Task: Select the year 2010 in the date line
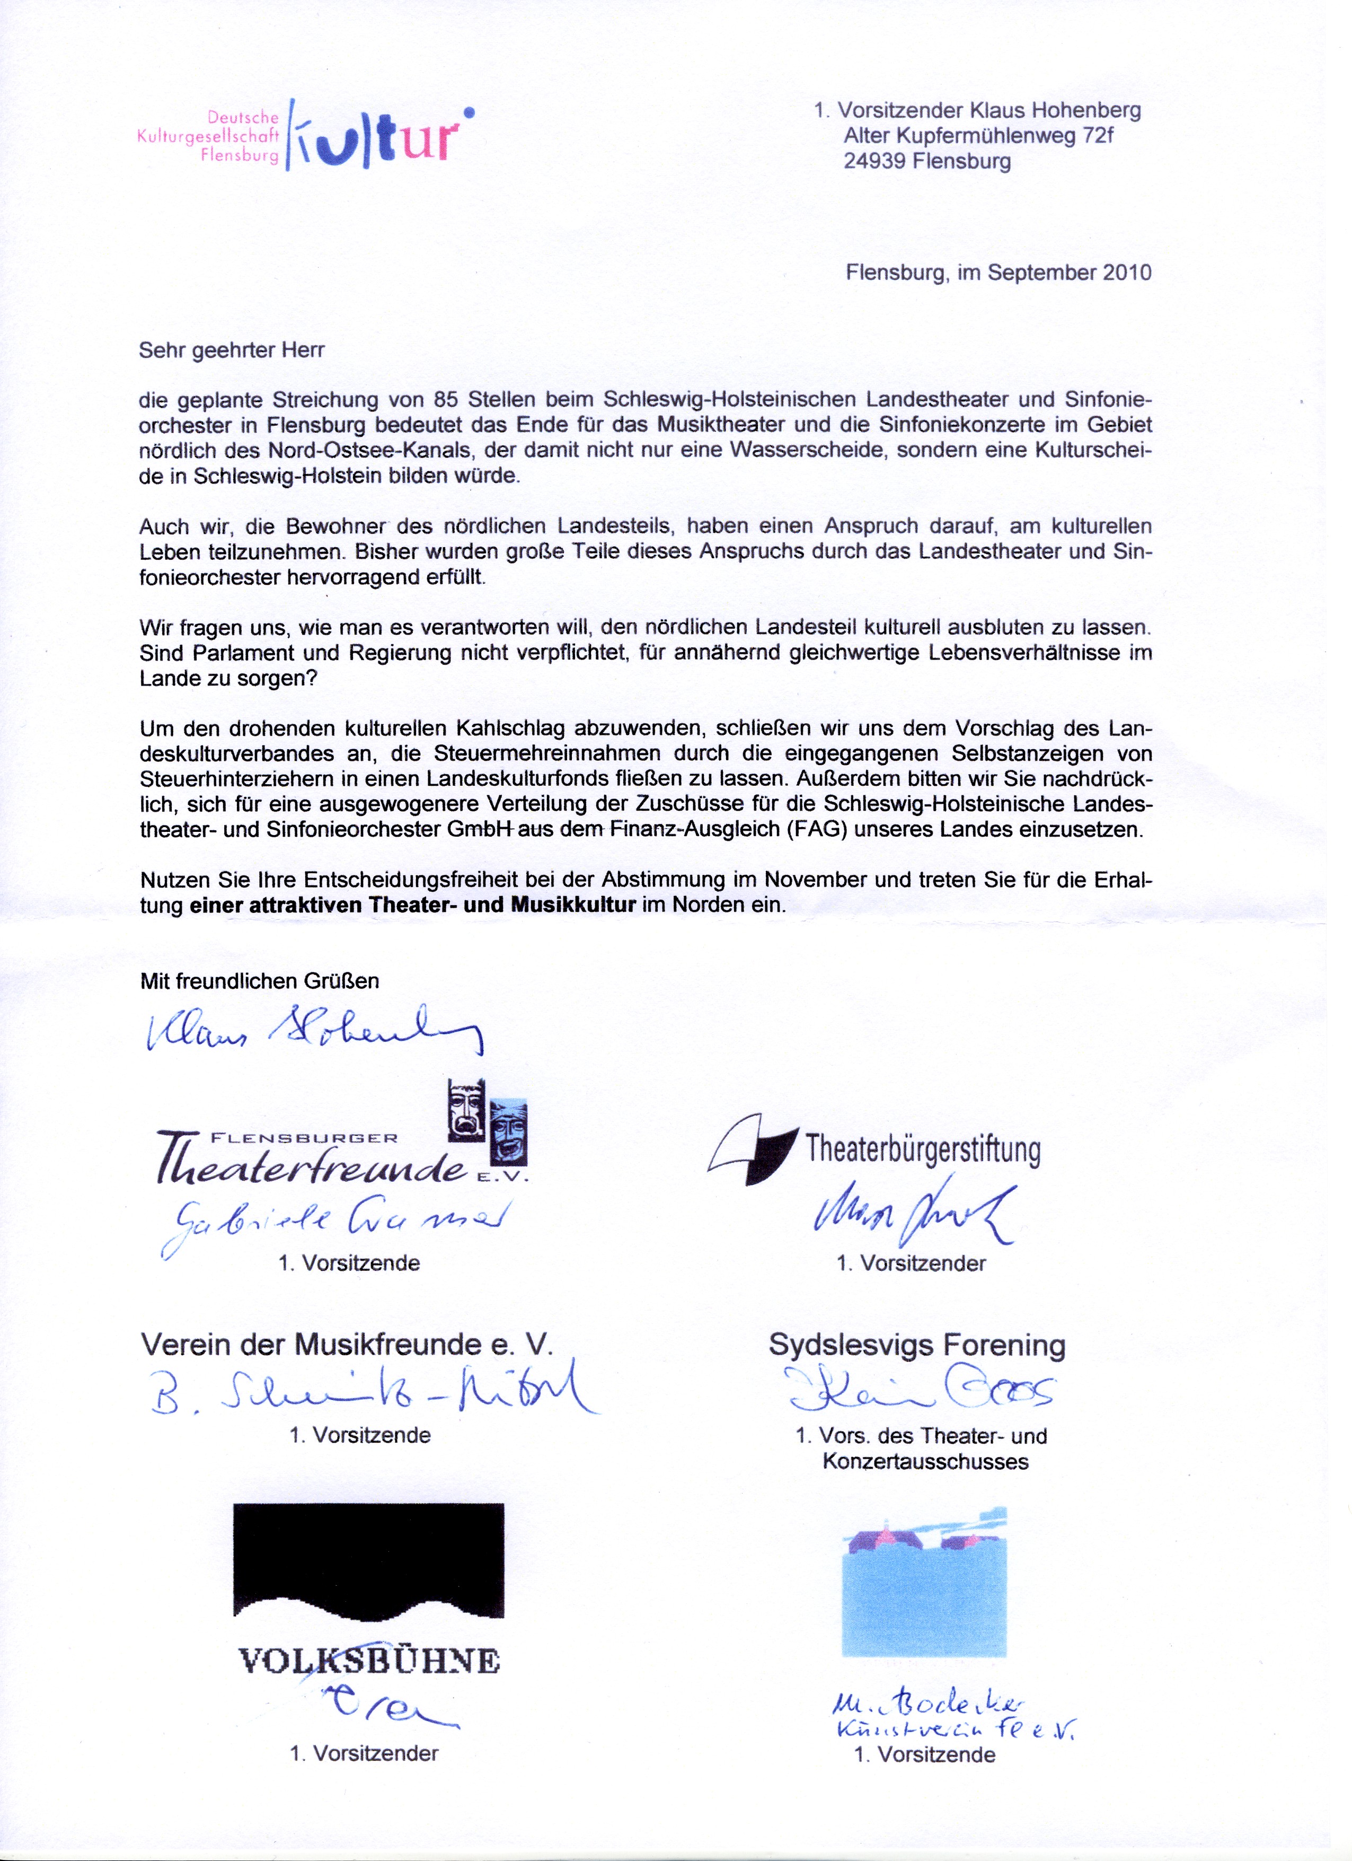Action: tap(1126, 273)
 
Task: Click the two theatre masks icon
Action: tap(487, 1122)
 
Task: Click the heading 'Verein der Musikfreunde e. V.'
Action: tap(347, 1344)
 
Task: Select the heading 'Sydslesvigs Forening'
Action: tap(916, 1345)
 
